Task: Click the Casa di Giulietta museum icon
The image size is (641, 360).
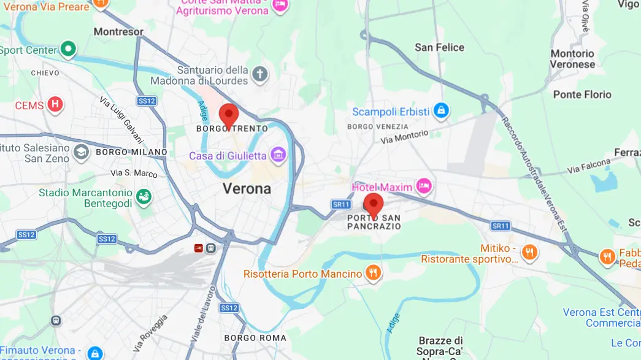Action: (278, 155)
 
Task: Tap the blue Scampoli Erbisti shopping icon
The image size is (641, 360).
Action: (440, 111)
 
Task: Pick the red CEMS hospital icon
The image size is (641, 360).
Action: (55, 105)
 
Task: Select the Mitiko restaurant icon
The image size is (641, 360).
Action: (529, 251)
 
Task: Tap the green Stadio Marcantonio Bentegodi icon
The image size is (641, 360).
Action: (144, 197)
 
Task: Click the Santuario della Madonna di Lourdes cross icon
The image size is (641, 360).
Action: (261, 75)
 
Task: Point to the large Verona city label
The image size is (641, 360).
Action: (247, 188)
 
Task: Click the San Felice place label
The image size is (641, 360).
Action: (439, 47)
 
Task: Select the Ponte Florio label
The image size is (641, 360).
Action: (582, 94)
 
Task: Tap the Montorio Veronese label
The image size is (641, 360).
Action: (572, 59)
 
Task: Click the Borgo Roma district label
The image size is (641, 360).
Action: (255, 338)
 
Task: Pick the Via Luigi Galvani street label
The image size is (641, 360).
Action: (121, 120)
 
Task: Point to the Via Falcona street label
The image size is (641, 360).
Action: (589, 166)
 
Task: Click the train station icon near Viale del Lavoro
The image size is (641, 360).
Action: (211, 248)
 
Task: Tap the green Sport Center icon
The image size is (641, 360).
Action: (69, 49)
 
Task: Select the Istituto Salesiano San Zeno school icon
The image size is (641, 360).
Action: (80, 152)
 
